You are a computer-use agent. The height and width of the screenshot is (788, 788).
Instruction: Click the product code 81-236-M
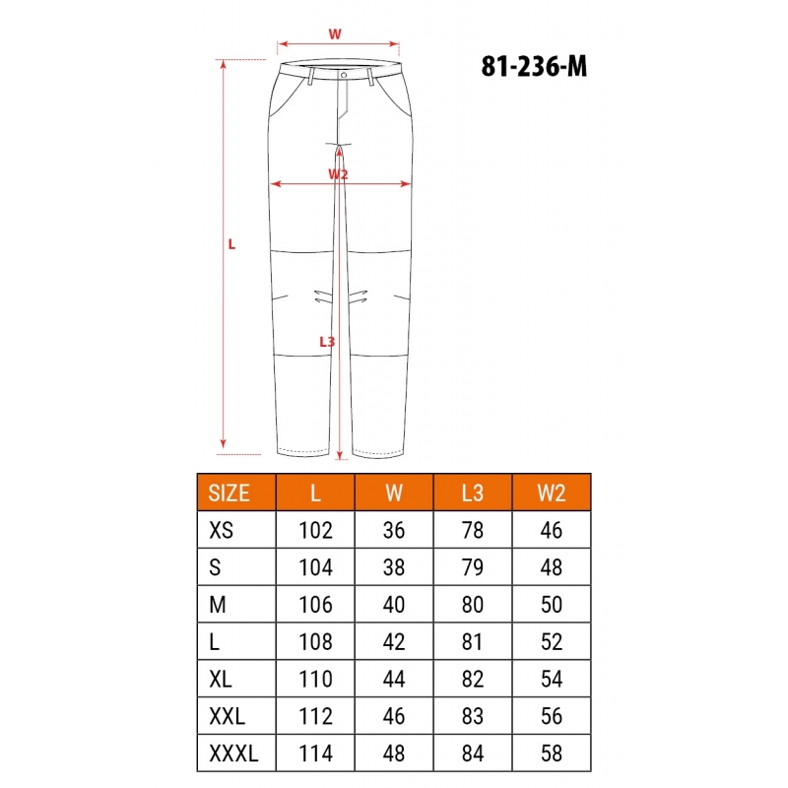(x=534, y=66)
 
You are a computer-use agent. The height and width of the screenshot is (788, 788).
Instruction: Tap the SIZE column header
(x=229, y=493)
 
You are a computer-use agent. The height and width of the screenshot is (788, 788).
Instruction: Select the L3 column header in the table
(x=473, y=493)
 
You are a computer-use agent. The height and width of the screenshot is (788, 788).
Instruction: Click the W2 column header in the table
(x=552, y=493)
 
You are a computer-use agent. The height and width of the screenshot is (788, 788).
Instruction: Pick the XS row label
(x=221, y=530)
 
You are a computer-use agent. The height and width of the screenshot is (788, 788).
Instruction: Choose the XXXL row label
(x=233, y=754)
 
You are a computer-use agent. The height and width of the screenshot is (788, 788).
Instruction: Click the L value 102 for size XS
(x=315, y=530)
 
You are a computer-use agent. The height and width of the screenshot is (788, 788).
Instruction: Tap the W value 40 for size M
(x=393, y=605)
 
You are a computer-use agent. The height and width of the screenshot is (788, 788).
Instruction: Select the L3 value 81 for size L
(x=473, y=642)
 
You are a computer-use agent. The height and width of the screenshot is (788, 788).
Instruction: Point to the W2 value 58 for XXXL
(x=552, y=754)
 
